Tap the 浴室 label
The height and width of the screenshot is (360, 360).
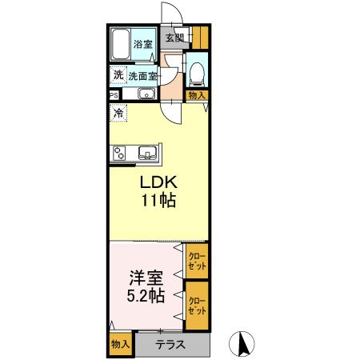(x=143, y=45)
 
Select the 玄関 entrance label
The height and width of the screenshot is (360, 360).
(x=174, y=37)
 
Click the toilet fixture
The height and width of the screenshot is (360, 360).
(x=196, y=73)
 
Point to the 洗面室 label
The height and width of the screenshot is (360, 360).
(x=143, y=76)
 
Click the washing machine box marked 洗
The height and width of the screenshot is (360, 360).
(x=118, y=76)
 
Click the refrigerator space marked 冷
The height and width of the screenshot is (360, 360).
(x=118, y=113)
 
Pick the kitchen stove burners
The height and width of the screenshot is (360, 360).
(x=118, y=152)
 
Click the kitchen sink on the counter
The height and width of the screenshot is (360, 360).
(x=147, y=152)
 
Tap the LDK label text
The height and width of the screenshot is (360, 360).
(x=158, y=182)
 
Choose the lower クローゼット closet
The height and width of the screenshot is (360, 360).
(x=197, y=304)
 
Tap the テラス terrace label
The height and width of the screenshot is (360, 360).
(x=170, y=345)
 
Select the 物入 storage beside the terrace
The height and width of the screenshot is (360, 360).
(x=120, y=344)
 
